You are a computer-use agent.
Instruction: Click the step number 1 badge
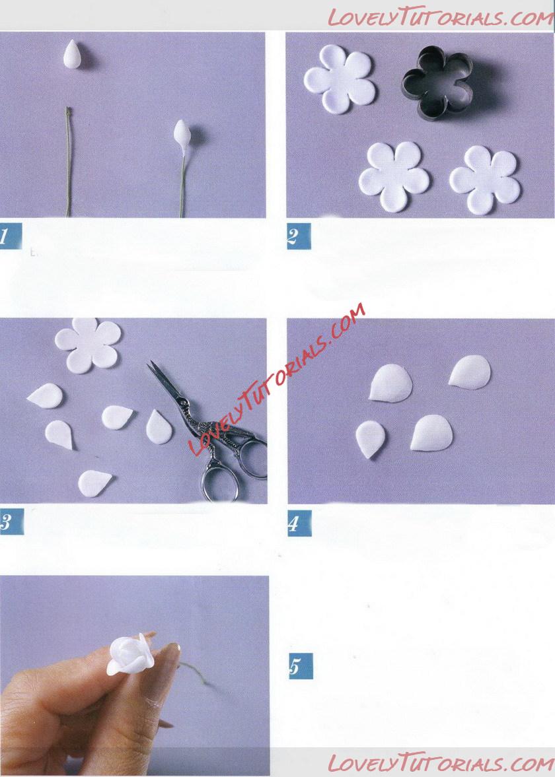click(9, 236)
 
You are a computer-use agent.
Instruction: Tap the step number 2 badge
click(298, 236)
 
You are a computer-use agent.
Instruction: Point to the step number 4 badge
click(299, 523)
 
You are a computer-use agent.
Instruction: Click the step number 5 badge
click(301, 666)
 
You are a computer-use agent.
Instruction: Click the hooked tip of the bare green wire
click(68, 110)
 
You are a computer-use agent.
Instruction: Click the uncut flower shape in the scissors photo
click(88, 345)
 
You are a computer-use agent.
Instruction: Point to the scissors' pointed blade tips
click(150, 364)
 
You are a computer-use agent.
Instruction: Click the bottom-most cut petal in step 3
click(94, 482)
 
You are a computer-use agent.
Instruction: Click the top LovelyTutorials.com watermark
click(441, 17)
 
